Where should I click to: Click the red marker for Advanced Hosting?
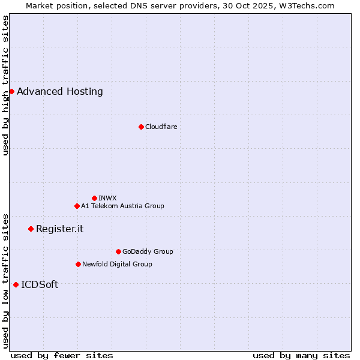[11, 91]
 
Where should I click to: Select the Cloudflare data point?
[141, 127]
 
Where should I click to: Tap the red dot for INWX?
[94, 198]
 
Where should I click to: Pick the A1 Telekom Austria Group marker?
[77, 206]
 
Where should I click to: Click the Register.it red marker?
[31, 229]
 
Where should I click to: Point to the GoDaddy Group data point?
[118, 251]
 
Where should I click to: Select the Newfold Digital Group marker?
[78, 264]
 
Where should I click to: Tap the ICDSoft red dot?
[16, 284]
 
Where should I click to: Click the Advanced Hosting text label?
[60, 92]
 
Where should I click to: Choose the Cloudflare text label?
[161, 127]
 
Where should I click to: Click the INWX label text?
[107, 198]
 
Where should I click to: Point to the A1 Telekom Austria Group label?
[122, 206]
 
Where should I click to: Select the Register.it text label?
[59, 229]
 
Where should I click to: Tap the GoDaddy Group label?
[148, 251]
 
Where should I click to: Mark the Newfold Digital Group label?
[117, 264]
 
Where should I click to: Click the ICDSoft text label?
[40, 285]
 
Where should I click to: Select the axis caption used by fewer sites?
[62, 355]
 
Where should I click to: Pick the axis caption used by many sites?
[301, 355]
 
